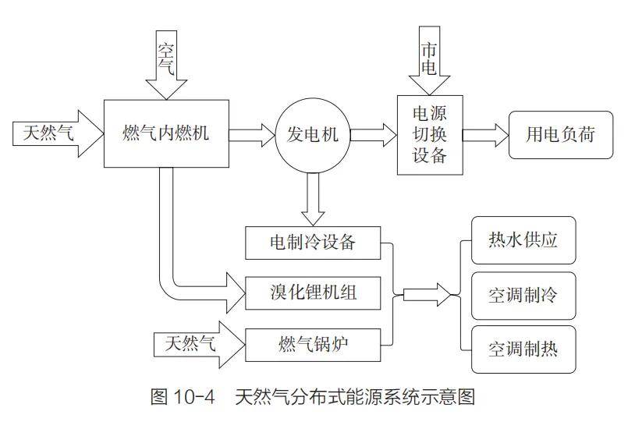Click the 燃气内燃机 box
166,133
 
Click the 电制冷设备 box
313,242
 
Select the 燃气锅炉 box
313,341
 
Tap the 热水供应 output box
523,240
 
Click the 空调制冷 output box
523,296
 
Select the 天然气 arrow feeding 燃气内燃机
59,133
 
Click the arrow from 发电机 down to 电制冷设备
313,199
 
